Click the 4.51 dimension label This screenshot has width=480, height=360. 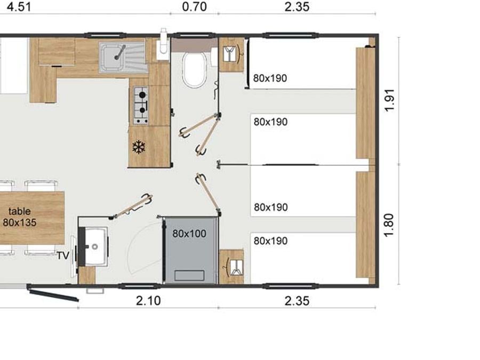tap(19, 6)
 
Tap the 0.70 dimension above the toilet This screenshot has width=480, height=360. tap(194, 6)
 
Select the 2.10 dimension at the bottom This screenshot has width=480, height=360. tap(148, 301)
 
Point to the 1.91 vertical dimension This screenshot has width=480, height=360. tap(389, 100)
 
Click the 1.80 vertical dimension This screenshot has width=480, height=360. tap(388, 225)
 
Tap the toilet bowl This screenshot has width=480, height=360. tap(195, 69)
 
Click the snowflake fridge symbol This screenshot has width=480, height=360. tap(138, 147)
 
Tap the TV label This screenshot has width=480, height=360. tap(63, 255)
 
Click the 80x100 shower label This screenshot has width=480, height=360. tap(189, 234)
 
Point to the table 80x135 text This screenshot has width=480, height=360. tap(20, 217)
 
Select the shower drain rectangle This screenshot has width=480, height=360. tap(189, 275)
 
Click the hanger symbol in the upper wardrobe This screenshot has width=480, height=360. tap(231, 54)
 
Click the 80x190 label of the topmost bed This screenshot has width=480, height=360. tap(270, 78)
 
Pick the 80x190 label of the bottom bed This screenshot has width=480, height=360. tap(270, 241)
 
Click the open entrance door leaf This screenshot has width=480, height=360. tap(54, 293)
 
